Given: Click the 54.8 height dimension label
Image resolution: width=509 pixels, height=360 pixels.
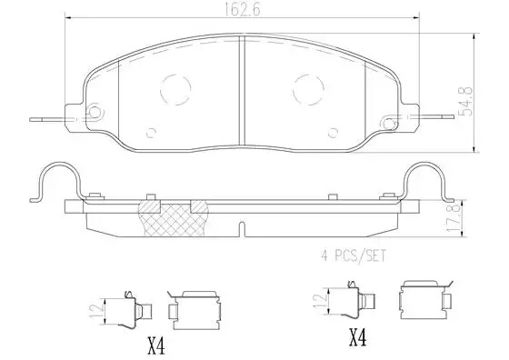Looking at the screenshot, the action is pyautogui.click(x=466, y=101).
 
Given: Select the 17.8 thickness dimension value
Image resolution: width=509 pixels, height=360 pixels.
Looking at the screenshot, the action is pyautogui.click(x=454, y=217).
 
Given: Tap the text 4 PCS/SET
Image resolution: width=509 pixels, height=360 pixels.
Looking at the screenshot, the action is pyautogui.click(x=354, y=255).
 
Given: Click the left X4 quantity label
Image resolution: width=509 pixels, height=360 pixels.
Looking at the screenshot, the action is pyautogui.click(x=156, y=346).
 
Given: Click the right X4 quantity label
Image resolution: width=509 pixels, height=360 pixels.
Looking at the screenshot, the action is pyautogui.click(x=357, y=337).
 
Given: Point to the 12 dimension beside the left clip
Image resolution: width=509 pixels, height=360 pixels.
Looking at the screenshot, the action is pyautogui.click(x=100, y=311).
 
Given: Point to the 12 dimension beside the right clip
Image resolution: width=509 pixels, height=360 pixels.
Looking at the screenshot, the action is pyautogui.click(x=320, y=302).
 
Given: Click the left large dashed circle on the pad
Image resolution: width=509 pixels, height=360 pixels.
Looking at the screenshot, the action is pyautogui.click(x=175, y=89).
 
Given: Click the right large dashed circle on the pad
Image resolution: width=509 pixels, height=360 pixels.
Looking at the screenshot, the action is pyautogui.click(x=308, y=89).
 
